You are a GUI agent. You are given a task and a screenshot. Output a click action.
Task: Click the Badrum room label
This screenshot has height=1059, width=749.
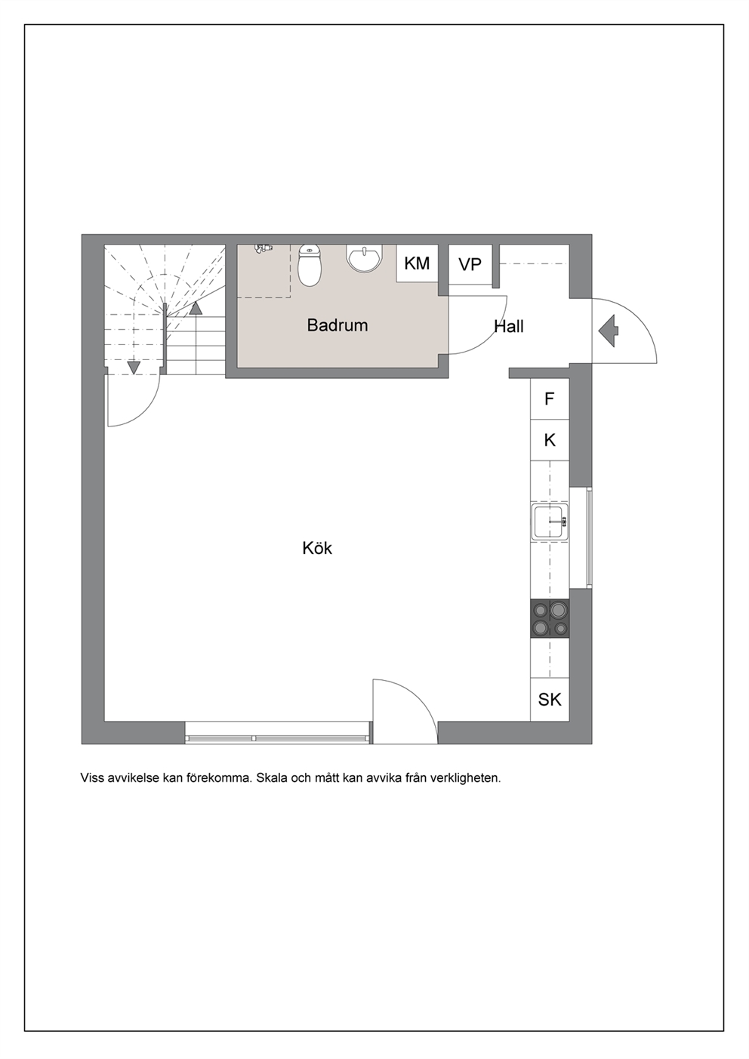338,325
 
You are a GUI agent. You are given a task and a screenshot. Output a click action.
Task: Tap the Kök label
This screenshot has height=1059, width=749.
317,549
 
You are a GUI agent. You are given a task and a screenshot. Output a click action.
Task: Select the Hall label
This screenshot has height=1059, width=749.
509,327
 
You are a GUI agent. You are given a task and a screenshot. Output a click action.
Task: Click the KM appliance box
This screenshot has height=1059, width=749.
417,263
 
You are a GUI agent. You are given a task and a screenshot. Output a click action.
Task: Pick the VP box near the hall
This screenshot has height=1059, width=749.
470,264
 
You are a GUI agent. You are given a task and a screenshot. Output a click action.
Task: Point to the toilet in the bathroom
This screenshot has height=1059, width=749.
310,266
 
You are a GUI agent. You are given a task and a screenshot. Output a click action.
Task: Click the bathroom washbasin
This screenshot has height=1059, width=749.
365,258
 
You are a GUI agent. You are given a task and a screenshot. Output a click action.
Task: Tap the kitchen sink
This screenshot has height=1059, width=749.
550,522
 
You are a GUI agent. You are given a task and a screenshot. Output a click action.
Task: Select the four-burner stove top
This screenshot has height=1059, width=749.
550,618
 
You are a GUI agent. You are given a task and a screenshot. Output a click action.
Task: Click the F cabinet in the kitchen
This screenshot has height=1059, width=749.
550,399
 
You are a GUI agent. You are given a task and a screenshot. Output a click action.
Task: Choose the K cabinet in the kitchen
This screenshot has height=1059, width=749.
550,440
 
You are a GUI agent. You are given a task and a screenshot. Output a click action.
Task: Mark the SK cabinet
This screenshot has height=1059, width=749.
550,699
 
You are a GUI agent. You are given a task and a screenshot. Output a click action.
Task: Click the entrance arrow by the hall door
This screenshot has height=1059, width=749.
609,331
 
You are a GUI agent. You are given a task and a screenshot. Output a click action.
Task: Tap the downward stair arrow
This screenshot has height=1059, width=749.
134,368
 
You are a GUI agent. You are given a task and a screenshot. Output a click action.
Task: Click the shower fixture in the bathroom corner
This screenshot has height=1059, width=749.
264,248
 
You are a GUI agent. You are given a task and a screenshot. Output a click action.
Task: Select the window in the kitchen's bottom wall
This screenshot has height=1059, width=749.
277,733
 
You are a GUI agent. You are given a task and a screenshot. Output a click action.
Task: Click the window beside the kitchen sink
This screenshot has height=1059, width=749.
581,537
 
